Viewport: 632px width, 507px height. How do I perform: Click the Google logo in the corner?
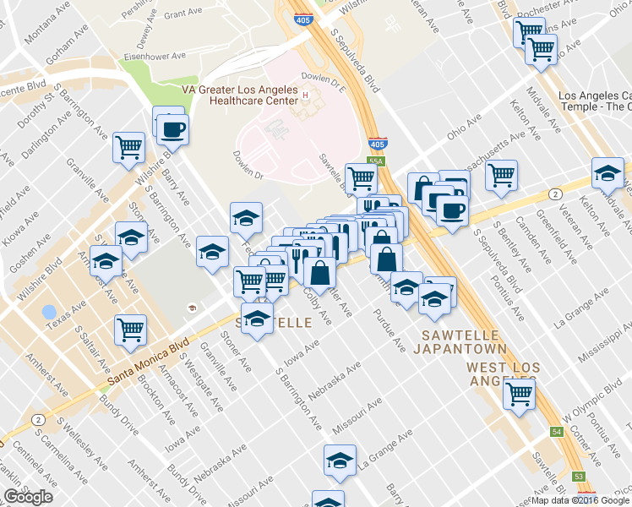pos(29,497)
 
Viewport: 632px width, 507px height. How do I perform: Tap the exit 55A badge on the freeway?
pos(377,161)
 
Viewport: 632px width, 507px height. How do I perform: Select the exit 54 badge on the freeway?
pos(557,432)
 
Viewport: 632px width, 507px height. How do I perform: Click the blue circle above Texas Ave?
pos(49,312)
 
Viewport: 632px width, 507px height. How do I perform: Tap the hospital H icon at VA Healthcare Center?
pos(304,95)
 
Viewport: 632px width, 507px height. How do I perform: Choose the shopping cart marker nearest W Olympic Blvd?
pos(519,392)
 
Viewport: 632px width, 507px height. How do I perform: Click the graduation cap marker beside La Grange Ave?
pos(339,461)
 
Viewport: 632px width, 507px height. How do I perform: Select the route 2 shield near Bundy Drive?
pos(38,419)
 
